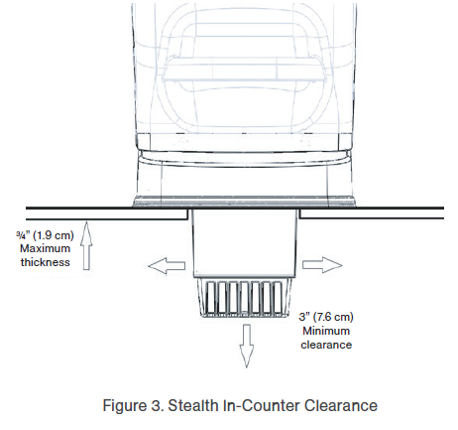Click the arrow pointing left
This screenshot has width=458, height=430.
(x=167, y=265)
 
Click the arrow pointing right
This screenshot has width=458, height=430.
(x=322, y=265)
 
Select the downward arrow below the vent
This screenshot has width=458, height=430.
(x=247, y=346)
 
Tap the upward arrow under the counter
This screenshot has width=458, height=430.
(x=86, y=245)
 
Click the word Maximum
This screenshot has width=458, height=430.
(x=45, y=248)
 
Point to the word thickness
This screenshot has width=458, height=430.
(x=46, y=262)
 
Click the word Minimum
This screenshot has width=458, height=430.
(x=326, y=331)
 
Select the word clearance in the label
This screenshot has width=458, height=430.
(x=326, y=345)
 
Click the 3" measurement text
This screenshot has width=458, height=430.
(x=303, y=317)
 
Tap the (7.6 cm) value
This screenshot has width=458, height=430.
(x=332, y=317)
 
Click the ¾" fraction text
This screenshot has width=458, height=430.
(x=23, y=235)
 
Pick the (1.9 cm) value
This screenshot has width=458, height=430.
(x=54, y=235)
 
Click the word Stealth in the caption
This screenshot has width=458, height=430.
(x=193, y=405)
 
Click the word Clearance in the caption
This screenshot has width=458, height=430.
(x=341, y=405)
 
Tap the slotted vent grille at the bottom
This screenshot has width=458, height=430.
(x=245, y=298)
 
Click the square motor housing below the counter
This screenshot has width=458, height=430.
(x=245, y=243)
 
